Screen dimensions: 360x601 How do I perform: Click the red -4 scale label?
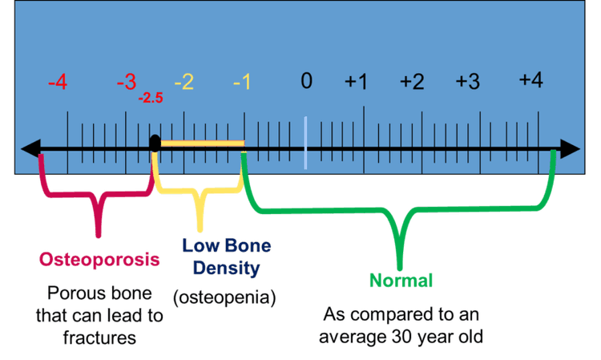[x=57, y=83]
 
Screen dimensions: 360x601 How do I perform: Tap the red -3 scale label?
[x=126, y=83]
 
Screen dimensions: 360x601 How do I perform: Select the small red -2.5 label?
[x=151, y=99]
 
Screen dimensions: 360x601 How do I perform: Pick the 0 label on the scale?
[x=306, y=81]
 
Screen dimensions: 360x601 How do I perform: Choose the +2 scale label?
[x=412, y=81]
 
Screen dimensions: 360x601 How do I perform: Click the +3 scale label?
[x=468, y=81]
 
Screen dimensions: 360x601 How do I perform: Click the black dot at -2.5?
[x=155, y=143]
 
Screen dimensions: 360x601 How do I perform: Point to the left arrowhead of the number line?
[x=30, y=149]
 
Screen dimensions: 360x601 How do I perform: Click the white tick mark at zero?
[x=305, y=143]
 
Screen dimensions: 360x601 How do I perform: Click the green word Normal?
[x=401, y=280]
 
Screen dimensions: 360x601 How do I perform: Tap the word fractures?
[x=99, y=338]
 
